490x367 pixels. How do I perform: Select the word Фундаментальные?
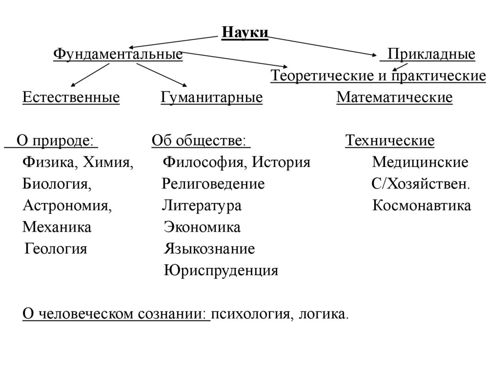point(118,54)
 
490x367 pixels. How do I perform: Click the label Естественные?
point(71,98)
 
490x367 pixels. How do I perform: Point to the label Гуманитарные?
point(212,98)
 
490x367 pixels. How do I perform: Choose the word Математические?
point(394,98)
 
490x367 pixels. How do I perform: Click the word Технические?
point(390,141)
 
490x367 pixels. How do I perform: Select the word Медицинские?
point(420,163)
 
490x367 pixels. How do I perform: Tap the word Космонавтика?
point(422,206)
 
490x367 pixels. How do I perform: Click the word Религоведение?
point(213,184)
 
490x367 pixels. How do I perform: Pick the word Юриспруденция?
point(221,271)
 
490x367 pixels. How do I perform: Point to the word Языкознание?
point(209,249)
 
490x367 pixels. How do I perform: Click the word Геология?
point(56,249)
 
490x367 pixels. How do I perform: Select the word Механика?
point(57,228)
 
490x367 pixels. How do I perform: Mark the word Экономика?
point(202,228)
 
